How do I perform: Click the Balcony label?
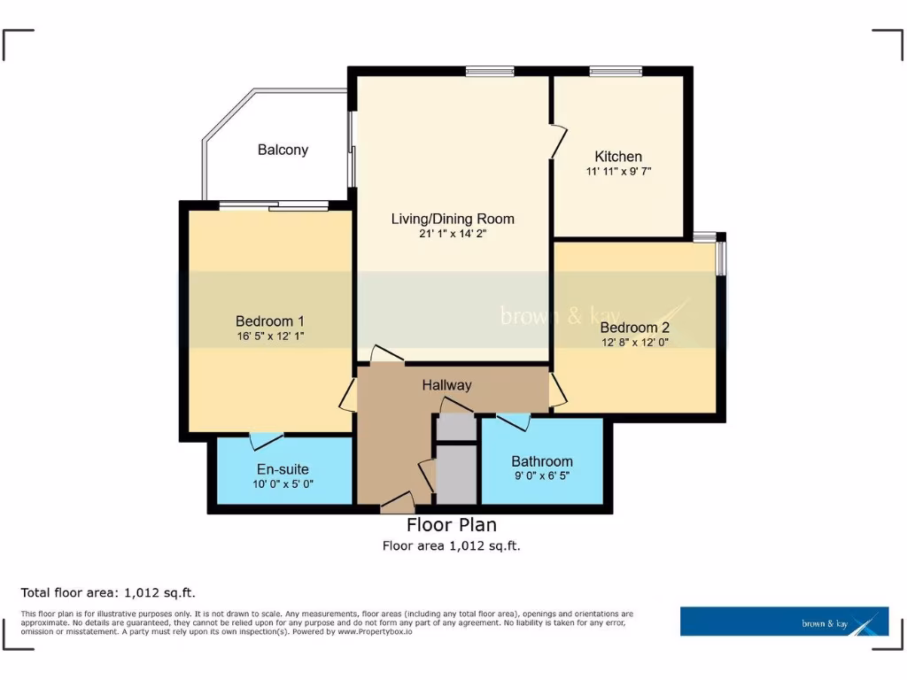tap(283, 150)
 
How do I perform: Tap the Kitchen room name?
tap(618, 156)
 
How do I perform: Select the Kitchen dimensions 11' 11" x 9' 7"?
tap(618, 171)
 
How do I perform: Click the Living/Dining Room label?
tap(453, 219)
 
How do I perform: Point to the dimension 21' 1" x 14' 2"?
tap(453, 235)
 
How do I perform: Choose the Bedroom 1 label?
tap(270, 321)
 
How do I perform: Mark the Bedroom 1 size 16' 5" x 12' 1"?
tap(270, 336)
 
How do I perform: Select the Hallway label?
tap(446, 385)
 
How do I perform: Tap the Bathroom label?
tap(541, 461)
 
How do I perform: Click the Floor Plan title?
tap(451, 526)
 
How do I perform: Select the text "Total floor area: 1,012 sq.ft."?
tap(114, 592)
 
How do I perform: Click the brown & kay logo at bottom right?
tap(784, 622)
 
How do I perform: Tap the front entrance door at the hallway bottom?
tap(397, 504)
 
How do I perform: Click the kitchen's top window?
tap(616, 72)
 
